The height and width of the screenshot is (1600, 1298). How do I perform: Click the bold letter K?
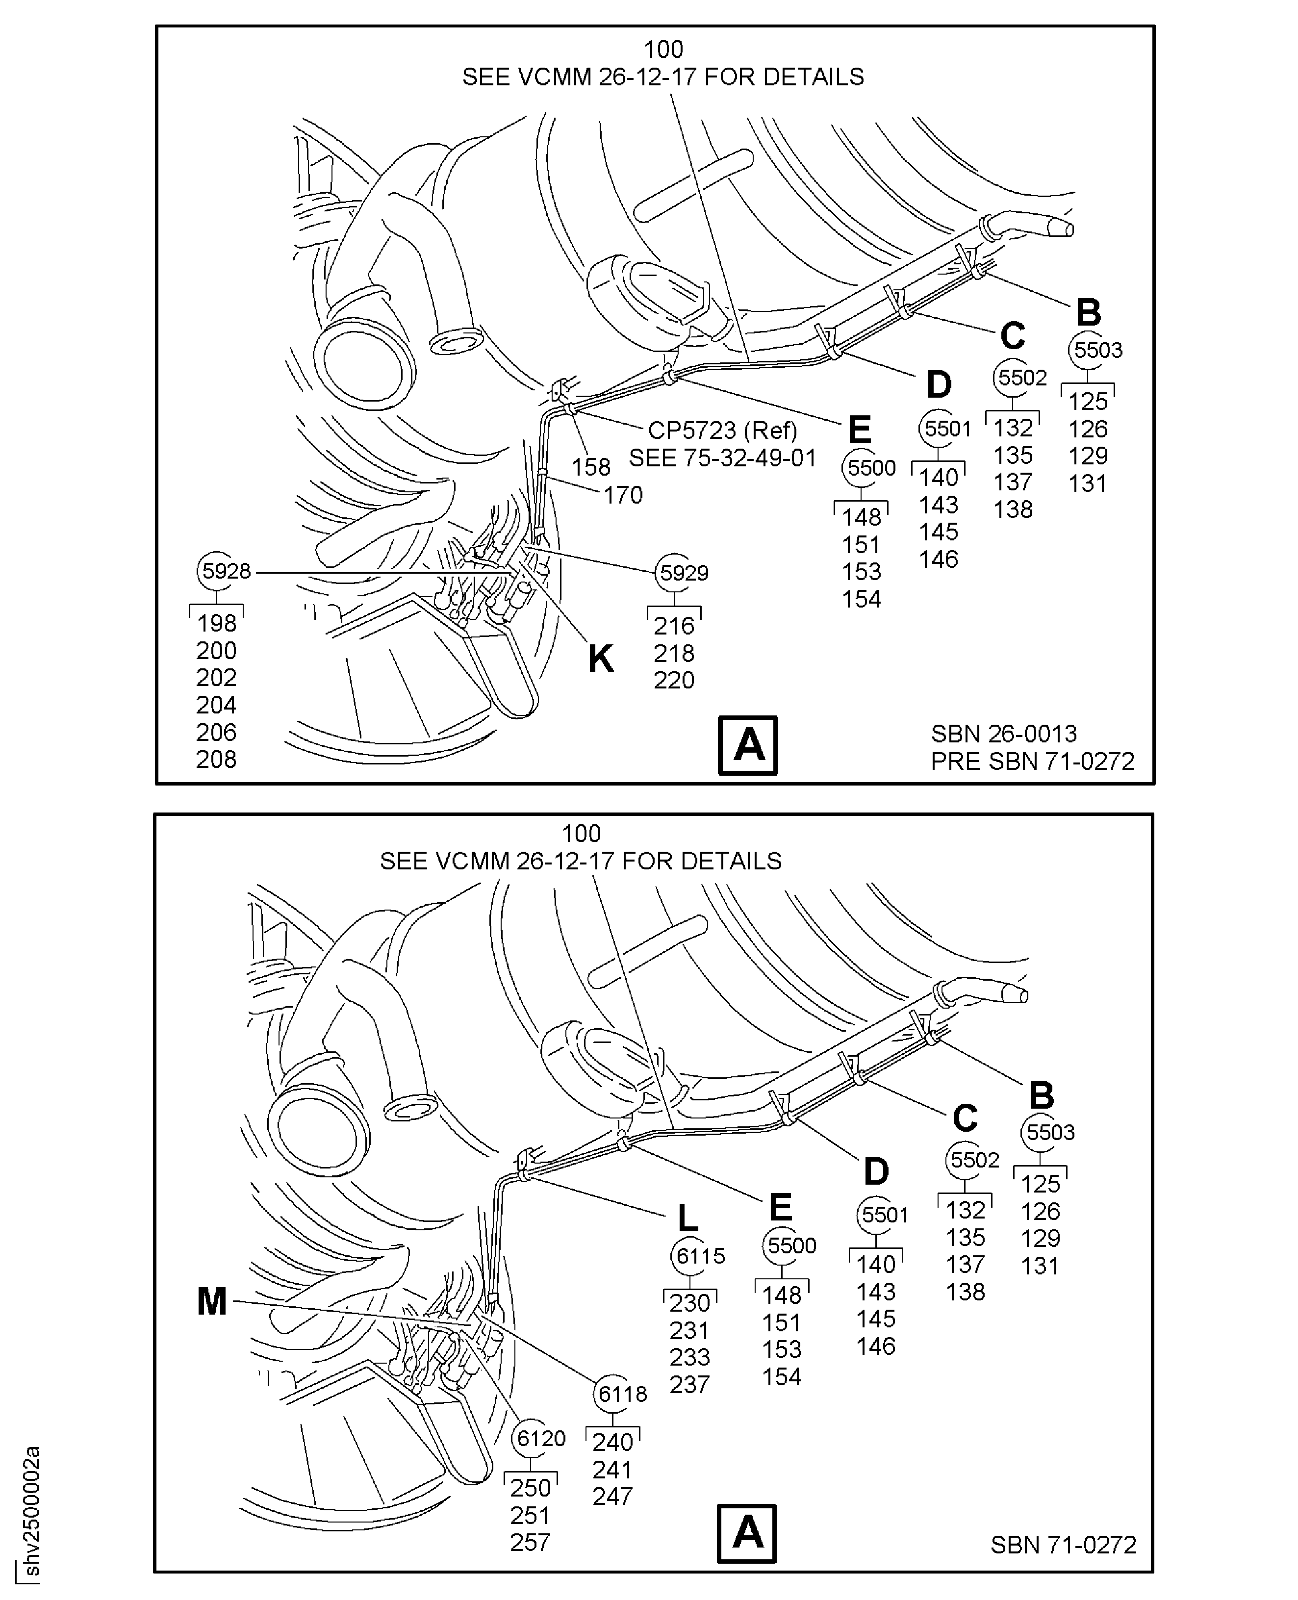(600, 659)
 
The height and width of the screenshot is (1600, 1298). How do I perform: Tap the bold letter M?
(212, 1301)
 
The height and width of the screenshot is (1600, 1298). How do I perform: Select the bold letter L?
(687, 1219)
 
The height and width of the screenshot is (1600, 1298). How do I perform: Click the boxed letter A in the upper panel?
(748, 745)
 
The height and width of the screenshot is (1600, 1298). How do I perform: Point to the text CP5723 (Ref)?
(722, 431)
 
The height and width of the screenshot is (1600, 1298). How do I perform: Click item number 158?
(591, 467)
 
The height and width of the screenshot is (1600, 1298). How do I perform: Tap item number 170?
(623, 495)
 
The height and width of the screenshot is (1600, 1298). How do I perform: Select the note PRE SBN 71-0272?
(1033, 761)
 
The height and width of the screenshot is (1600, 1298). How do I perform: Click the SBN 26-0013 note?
(1003, 734)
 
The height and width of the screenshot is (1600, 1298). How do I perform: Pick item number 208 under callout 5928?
(216, 760)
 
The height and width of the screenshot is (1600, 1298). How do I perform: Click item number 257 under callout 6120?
(530, 1543)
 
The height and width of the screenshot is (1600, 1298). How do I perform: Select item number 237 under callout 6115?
(689, 1385)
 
